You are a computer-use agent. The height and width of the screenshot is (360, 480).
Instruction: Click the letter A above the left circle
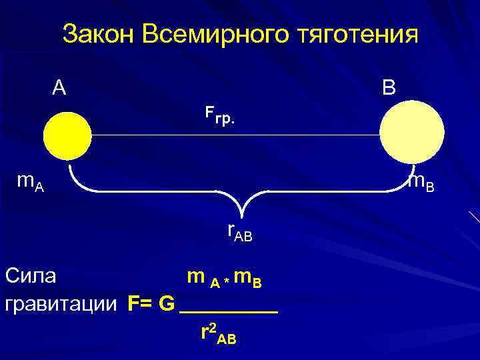(59, 87)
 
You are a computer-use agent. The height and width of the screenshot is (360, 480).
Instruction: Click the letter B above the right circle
(389, 87)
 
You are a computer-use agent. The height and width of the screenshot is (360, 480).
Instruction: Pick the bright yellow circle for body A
(67, 135)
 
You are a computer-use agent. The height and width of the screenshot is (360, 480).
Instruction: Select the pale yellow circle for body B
(411, 135)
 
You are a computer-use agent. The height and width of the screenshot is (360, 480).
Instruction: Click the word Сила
(31, 275)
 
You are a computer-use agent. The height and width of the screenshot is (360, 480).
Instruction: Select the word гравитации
(63, 304)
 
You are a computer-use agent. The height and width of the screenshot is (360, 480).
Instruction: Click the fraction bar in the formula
(229, 311)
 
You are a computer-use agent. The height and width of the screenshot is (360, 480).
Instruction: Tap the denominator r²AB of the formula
(218, 333)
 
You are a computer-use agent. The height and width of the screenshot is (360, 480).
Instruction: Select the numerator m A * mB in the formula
(224, 277)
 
